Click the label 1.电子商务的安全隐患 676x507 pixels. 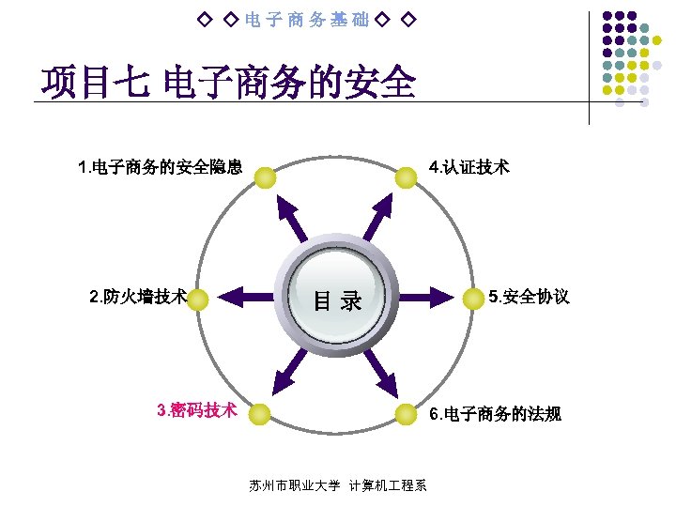(161, 168)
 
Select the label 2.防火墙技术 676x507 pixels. (138, 298)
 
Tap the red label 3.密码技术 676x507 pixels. (196, 410)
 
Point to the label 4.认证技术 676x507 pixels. (469, 168)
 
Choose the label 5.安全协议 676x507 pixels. (529, 298)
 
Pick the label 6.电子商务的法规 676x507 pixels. (495, 414)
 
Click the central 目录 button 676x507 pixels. (337, 300)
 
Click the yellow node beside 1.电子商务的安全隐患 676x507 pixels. (266, 177)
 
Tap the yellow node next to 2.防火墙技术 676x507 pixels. (199, 300)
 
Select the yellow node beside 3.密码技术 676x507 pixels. (260, 414)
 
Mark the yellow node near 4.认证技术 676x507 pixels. (405, 177)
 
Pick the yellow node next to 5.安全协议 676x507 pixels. (475, 300)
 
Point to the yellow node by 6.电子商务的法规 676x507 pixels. (405, 414)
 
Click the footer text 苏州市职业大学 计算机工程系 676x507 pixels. (338, 485)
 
